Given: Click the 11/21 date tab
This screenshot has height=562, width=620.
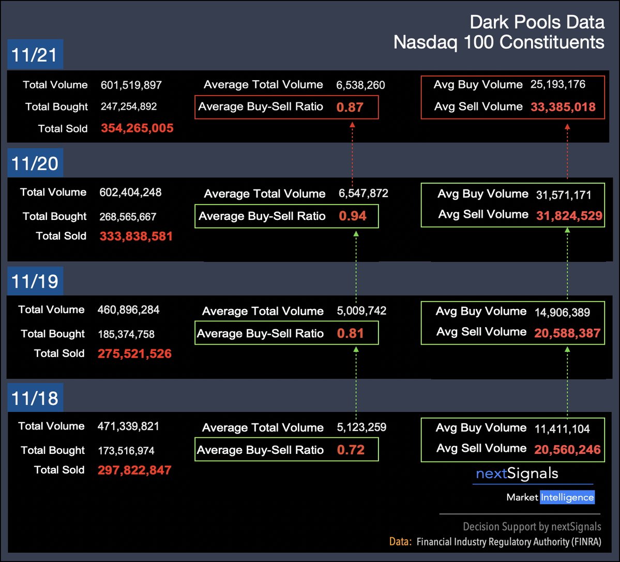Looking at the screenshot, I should click(x=35, y=55).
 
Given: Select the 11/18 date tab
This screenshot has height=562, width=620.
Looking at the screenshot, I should click(x=35, y=398).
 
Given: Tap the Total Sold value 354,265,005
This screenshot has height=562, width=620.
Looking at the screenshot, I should click(x=137, y=128).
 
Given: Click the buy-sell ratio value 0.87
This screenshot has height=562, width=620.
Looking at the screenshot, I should click(x=350, y=108).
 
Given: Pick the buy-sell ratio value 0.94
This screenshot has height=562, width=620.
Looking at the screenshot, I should click(x=353, y=216).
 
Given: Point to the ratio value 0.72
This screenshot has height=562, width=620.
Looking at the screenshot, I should click(x=351, y=450).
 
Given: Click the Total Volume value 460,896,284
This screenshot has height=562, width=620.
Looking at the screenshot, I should click(x=128, y=310).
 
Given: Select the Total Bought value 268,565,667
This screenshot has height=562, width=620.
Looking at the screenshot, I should click(x=127, y=217).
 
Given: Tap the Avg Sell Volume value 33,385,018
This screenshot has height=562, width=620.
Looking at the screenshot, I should click(x=563, y=107).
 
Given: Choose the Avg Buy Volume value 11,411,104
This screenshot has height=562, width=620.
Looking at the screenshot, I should click(x=562, y=428).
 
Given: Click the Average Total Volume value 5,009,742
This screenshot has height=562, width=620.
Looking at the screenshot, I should click(x=361, y=311).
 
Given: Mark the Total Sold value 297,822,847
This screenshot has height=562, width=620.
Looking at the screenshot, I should click(x=134, y=470).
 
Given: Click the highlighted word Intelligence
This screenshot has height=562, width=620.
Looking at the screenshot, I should click(x=567, y=497).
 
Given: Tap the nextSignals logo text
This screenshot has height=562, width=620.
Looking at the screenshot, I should click(x=517, y=474).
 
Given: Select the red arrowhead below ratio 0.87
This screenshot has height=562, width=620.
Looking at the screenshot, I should click(x=353, y=124).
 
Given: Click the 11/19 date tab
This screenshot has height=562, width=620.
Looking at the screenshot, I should click(x=35, y=281).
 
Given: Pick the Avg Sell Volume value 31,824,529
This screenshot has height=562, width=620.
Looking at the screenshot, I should click(x=569, y=215).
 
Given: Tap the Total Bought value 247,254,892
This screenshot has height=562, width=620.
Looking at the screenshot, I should click(x=129, y=107).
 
